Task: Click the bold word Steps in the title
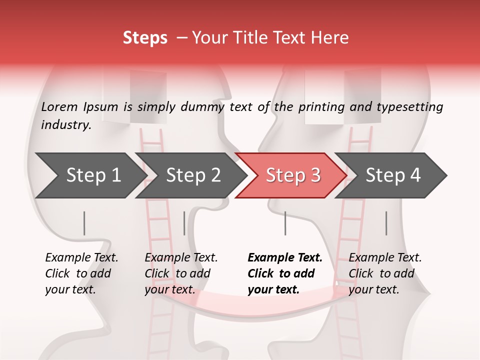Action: (145, 38)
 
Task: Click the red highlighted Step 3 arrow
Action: (292, 175)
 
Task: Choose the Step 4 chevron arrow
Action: (392, 175)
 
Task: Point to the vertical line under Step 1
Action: (84, 223)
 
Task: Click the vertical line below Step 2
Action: (184, 223)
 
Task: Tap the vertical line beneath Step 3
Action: (285, 223)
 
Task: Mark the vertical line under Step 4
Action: (386, 223)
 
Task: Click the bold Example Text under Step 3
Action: (285, 258)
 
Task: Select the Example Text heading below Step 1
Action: (81, 258)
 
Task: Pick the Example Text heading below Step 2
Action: (181, 258)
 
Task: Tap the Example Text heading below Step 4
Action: (385, 258)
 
